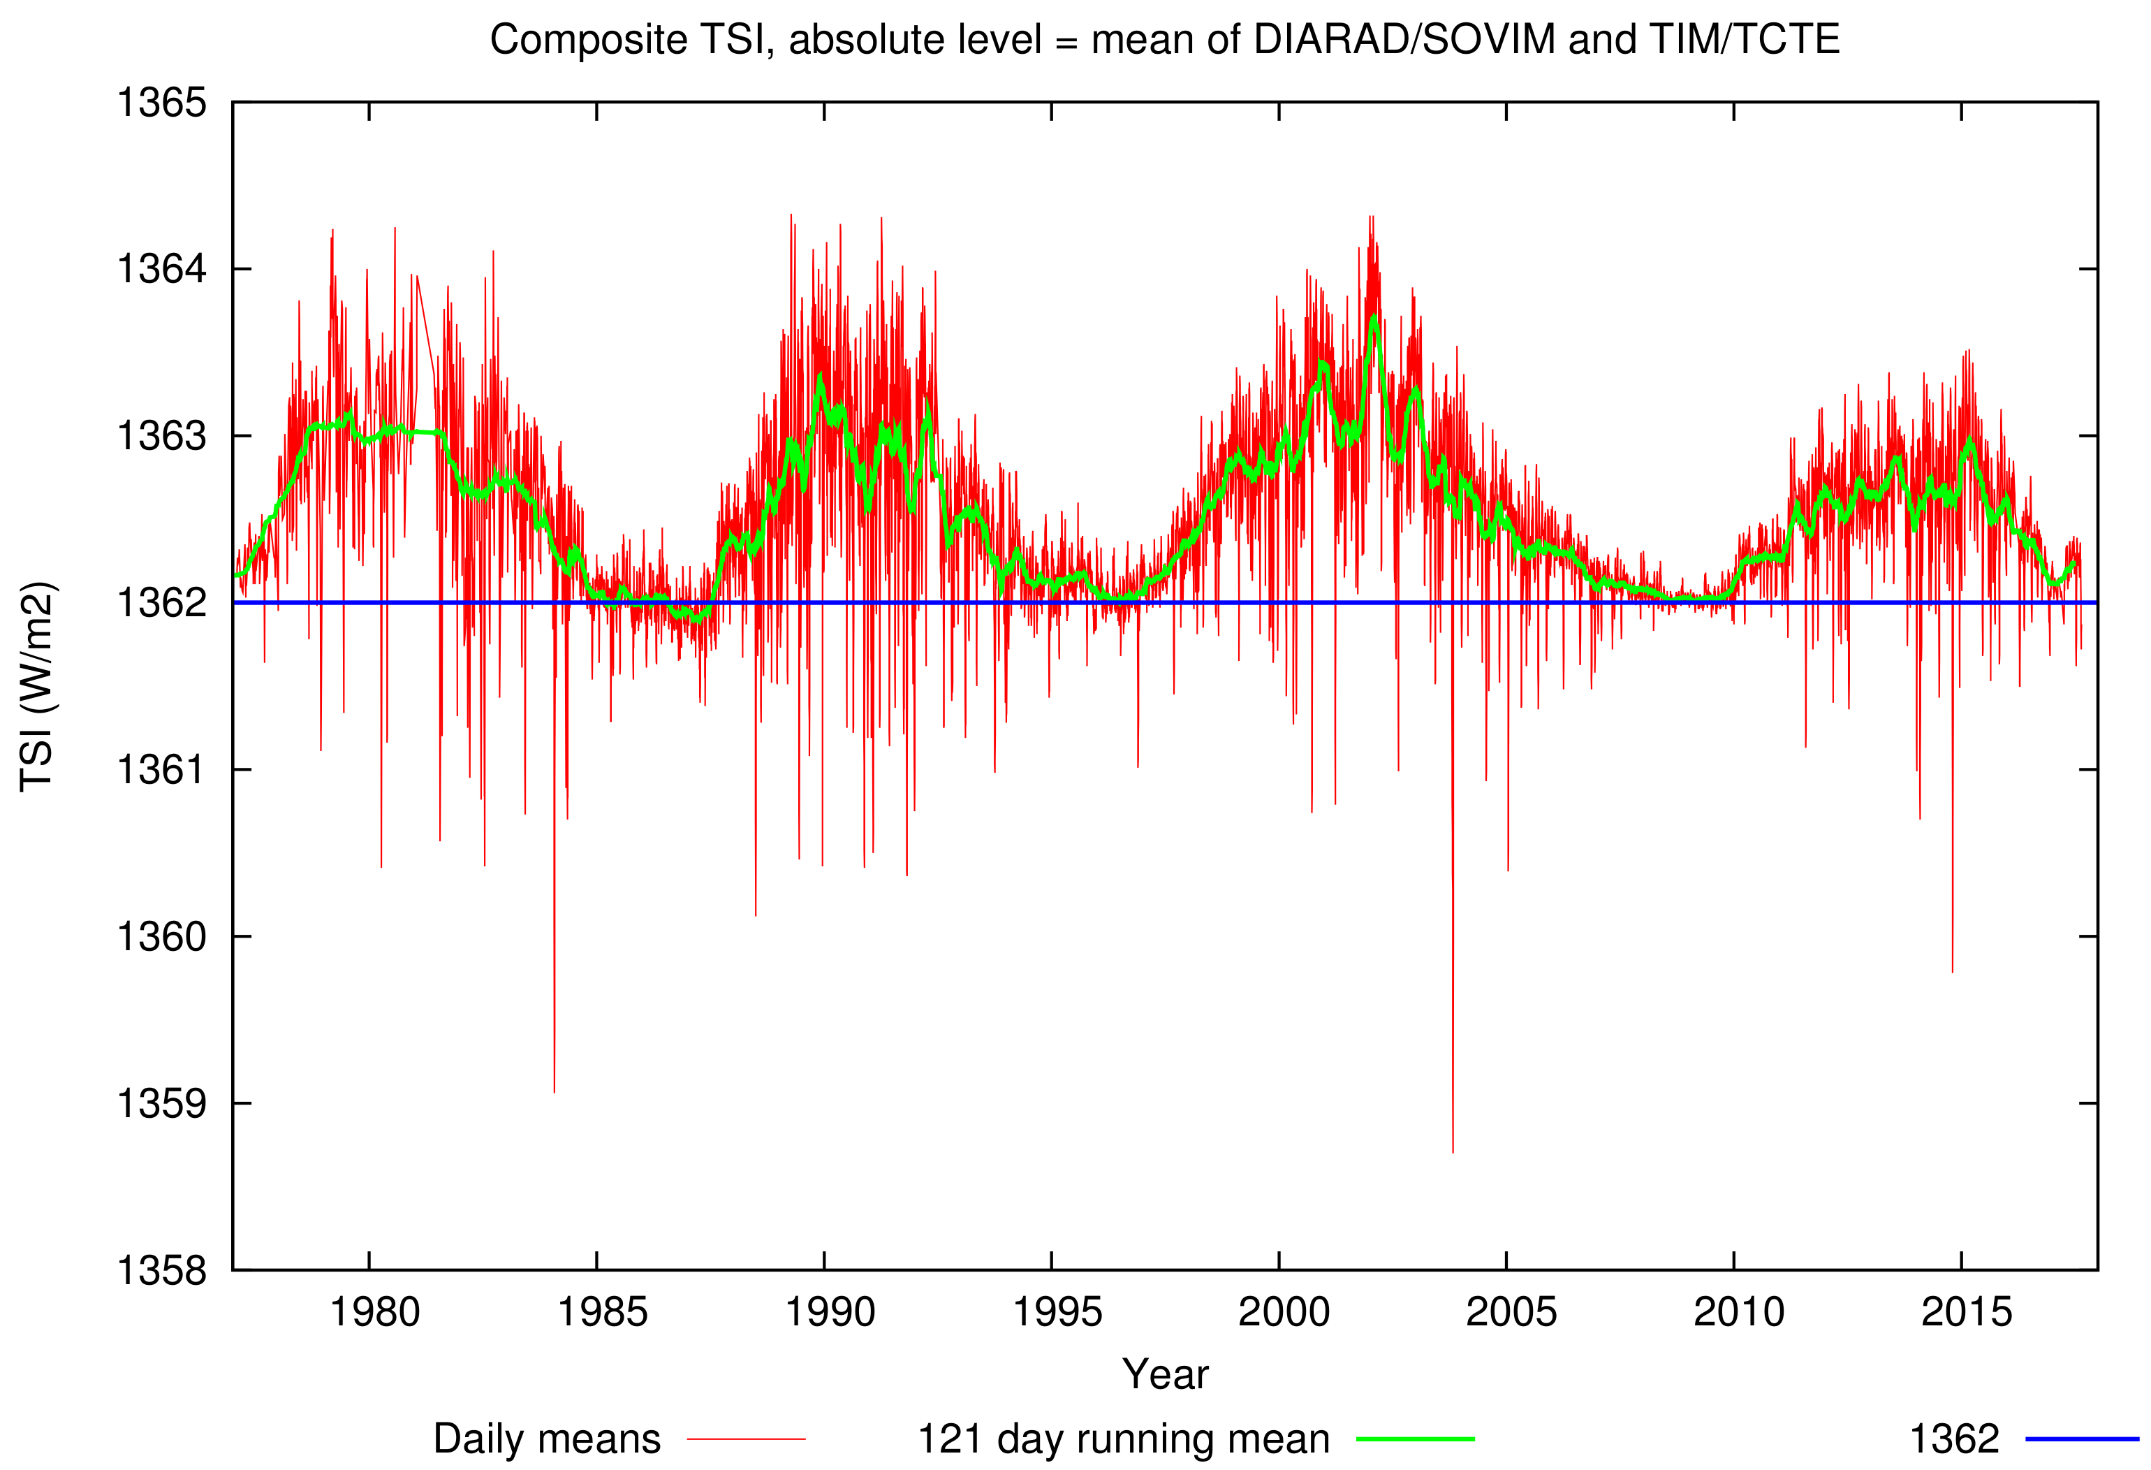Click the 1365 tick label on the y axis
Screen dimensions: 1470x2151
tap(161, 103)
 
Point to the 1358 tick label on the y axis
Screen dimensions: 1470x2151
tap(161, 1270)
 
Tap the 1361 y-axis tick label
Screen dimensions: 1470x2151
tap(161, 769)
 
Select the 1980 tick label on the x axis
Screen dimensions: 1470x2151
tap(375, 1313)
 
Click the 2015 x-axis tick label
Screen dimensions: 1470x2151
tap(1966, 1313)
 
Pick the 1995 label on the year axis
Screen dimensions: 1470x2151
tap(1057, 1313)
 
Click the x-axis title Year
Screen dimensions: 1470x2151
tap(1166, 1375)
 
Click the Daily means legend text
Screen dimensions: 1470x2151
tap(547, 1439)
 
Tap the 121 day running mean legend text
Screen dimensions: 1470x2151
tap(1123, 1439)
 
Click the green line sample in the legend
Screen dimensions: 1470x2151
tap(1415, 1439)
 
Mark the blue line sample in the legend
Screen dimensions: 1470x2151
tap(2082, 1439)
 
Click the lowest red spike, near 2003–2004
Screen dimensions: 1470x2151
tap(1452, 1151)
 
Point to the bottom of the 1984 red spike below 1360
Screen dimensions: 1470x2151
tap(555, 1091)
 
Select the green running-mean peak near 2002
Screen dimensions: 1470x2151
tap(1374, 317)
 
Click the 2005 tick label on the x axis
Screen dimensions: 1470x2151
tap(1511, 1313)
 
